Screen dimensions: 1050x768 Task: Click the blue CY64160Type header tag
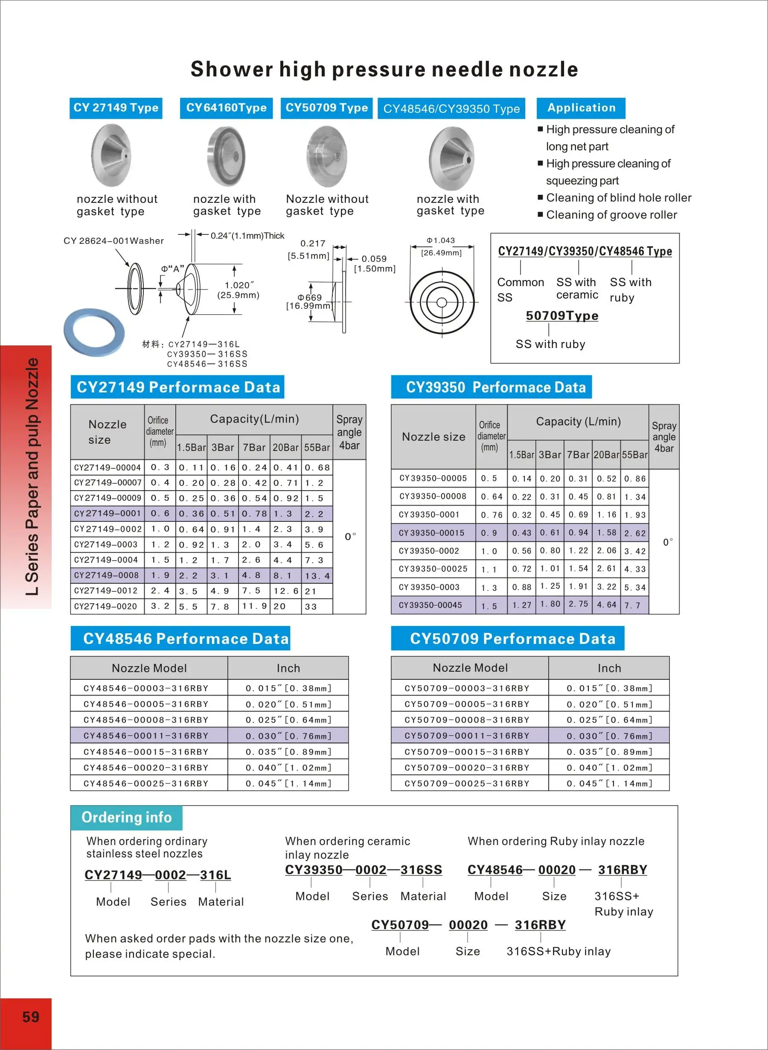227,108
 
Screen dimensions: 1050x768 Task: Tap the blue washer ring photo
94,332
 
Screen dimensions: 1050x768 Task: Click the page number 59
31,1017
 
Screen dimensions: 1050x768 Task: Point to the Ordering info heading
126,817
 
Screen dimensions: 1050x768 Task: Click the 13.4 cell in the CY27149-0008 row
317,576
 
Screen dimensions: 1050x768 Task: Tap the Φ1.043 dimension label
441,240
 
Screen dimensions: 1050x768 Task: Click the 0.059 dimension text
374,259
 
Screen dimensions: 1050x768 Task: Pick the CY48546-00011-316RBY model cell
146,735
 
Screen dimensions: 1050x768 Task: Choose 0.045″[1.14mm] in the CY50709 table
609,784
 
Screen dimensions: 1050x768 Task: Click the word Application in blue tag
581,108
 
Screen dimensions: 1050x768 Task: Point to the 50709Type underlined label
561,316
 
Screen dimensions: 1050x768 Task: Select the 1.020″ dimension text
239,285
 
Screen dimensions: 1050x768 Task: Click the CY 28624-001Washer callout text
113,241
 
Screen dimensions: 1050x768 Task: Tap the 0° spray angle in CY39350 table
668,542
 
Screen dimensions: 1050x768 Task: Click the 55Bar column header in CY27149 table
317,447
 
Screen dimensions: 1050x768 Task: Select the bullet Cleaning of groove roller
611,215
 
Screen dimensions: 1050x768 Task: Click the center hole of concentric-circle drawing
442,302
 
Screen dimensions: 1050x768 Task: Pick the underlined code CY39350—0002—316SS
363,869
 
